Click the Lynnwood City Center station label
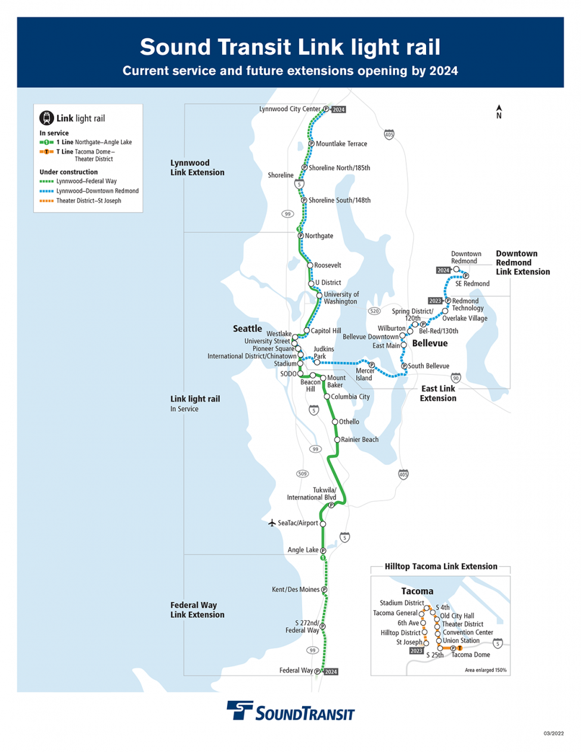coord(290,109)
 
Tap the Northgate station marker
coord(301,236)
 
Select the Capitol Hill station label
coord(325,331)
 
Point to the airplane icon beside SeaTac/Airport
coord(272,523)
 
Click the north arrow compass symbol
coord(499,111)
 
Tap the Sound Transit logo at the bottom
coord(290,711)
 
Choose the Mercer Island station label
coord(364,374)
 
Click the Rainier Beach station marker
coord(337,440)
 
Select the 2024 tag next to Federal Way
coord(331,672)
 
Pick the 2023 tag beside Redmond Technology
coord(435,301)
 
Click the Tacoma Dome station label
coord(471,655)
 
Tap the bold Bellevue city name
coord(430,343)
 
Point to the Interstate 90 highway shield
coord(456,378)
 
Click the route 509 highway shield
coord(303,474)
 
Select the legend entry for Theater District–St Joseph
coord(88,201)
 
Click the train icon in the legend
coord(46,118)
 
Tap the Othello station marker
coord(335,422)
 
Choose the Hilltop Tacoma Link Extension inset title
coord(440,567)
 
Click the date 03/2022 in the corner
coord(553,734)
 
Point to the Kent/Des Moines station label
coord(296,589)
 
